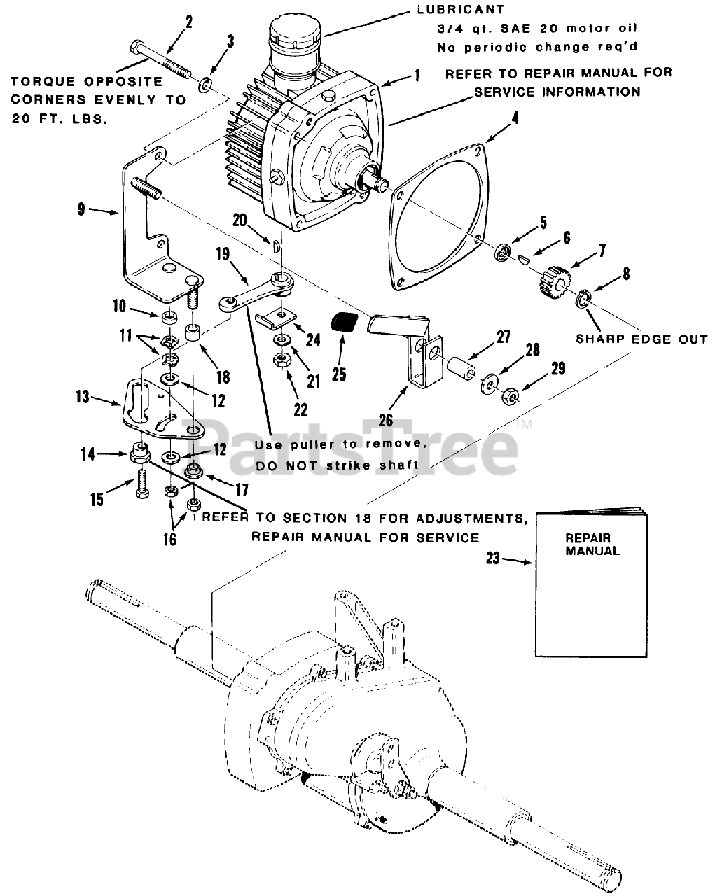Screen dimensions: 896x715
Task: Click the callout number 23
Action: coord(493,559)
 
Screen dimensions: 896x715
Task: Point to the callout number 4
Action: coord(515,118)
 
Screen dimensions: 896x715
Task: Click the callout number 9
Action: coord(83,209)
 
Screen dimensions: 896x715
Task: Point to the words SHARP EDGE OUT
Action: coord(641,339)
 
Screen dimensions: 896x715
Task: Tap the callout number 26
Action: coord(387,421)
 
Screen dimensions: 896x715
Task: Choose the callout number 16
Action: coord(171,539)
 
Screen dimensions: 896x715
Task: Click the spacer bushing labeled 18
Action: coord(194,332)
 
